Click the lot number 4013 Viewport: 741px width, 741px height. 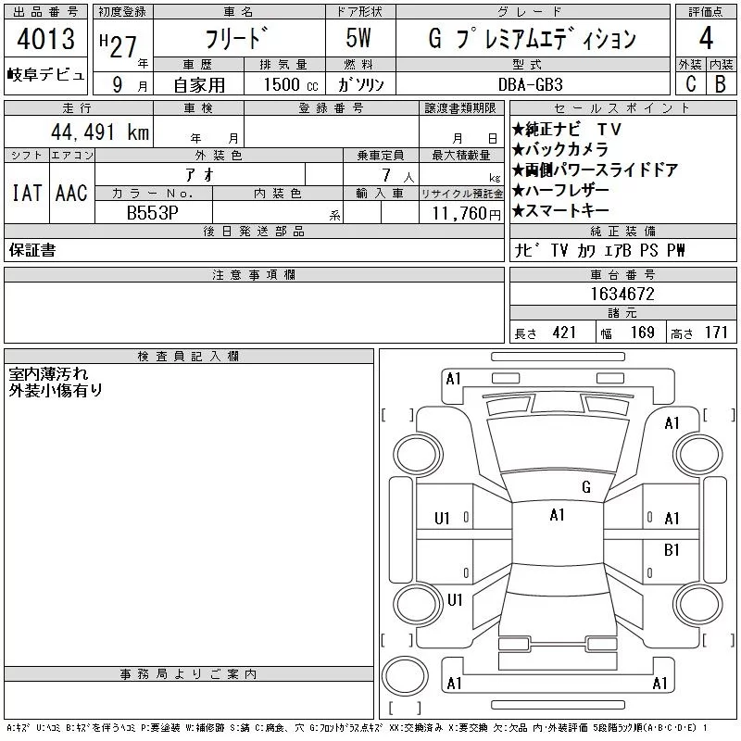click(45, 39)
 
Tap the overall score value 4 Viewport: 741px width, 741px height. click(706, 38)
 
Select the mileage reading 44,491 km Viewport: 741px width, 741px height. click(100, 132)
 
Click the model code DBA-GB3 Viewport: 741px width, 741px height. click(531, 84)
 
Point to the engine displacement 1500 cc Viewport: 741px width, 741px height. click(291, 84)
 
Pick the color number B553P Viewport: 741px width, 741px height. click(152, 213)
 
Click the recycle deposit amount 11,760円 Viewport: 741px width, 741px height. click(467, 214)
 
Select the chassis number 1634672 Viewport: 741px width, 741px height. click(622, 294)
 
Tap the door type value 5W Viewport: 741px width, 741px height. click(358, 38)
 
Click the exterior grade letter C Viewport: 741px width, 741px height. click(691, 83)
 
